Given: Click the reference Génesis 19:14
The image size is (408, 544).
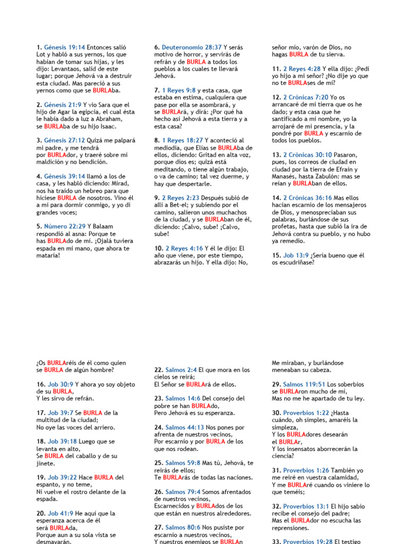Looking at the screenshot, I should [x=64, y=47].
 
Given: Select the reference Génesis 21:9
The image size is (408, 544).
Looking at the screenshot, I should [x=63, y=105].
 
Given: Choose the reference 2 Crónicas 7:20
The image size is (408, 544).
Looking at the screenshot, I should [x=305, y=98].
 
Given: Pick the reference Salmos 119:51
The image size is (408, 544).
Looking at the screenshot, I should [x=304, y=384].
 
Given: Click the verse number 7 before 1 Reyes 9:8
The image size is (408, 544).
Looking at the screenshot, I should [x=157, y=90].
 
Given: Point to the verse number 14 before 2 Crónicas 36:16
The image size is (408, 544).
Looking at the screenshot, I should [x=276, y=198].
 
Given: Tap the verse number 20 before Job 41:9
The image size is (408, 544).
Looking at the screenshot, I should [x=40, y=513].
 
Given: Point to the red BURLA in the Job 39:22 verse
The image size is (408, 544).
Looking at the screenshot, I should [x=104, y=477].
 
